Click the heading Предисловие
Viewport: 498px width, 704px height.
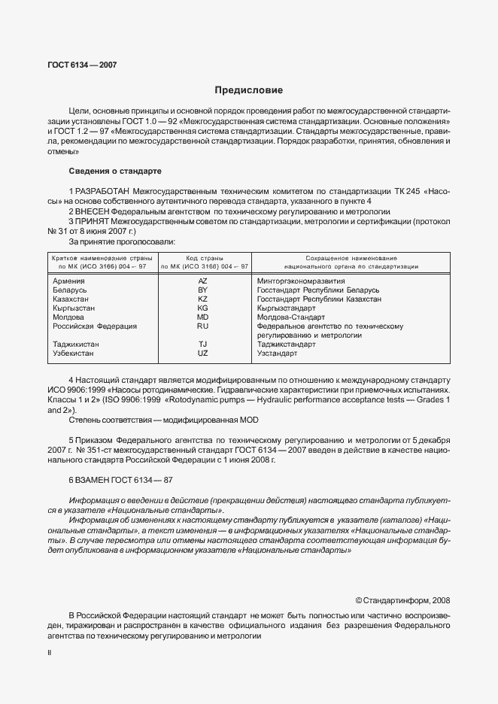(x=248, y=90)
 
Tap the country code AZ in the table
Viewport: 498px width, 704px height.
(x=202, y=281)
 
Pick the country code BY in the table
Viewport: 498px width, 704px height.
(x=202, y=290)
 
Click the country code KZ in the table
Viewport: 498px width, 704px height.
(x=202, y=299)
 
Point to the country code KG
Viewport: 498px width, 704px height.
(x=202, y=308)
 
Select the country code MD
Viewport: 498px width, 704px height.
(x=202, y=317)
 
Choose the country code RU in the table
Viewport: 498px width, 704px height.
(x=202, y=326)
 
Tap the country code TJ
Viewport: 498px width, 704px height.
(x=202, y=344)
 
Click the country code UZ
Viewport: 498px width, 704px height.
(x=202, y=353)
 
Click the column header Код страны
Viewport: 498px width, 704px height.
(x=203, y=258)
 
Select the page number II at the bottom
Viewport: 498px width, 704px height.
(x=49, y=654)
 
